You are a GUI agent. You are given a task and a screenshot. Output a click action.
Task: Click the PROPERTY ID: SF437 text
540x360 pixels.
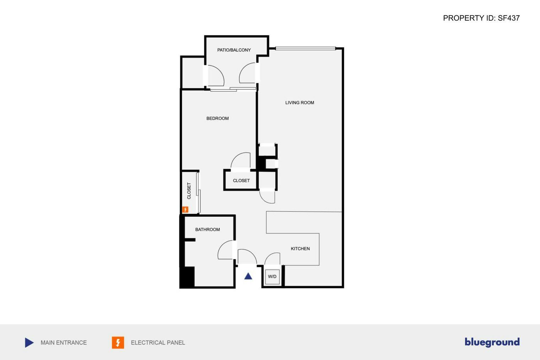(x=481, y=18)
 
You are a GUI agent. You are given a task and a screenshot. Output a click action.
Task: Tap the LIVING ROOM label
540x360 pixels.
(x=299, y=103)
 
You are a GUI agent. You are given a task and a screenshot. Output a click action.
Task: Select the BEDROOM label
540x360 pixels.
(x=217, y=118)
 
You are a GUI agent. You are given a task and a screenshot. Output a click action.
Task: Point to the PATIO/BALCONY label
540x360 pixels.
(x=234, y=50)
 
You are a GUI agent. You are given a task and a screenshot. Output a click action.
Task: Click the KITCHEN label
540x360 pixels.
(x=300, y=249)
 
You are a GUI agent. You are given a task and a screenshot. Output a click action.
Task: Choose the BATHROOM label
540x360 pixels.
(x=207, y=230)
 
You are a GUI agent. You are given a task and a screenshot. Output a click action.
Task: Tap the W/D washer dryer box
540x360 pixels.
(x=272, y=276)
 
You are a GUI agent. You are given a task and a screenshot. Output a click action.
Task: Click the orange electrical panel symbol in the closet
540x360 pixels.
(x=185, y=210)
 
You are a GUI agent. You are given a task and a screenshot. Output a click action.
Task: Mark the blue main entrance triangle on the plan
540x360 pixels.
(x=248, y=276)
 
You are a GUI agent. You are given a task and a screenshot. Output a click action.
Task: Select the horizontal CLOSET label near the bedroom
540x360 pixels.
(x=241, y=181)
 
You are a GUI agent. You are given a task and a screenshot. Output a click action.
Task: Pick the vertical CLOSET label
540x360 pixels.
(x=189, y=191)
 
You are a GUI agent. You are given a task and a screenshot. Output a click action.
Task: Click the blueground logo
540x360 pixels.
(x=492, y=342)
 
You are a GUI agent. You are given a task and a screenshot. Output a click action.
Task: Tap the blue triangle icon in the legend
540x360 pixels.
(x=29, y=343)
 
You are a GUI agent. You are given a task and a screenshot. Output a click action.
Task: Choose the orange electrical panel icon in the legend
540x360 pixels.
(x=118, y=343)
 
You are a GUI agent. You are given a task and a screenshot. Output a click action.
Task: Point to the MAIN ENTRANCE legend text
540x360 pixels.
(x=64, y=343)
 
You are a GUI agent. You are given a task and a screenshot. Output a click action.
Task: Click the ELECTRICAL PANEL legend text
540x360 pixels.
(x=158, y=343)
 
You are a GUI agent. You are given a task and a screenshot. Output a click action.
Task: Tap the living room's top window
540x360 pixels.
(x=305, y=48)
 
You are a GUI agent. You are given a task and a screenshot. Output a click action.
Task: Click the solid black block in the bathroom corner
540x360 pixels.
(x=187, y=277)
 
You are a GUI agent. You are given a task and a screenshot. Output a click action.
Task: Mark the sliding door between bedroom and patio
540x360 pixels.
(x=233, y=89)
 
